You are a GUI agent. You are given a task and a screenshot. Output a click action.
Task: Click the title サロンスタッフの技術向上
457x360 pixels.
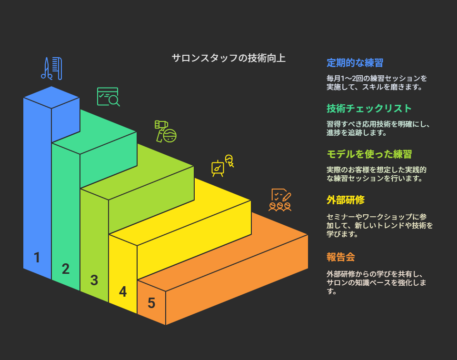pyautogui.click(x=228, y=58)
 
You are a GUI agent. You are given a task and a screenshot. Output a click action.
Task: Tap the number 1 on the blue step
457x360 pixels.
pyautogui.click(x=37, y=258)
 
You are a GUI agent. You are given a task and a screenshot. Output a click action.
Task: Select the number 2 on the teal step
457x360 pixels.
pyautogui.click(x=66, y=269)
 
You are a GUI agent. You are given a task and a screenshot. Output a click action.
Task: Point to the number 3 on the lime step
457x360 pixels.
pyautogui.click(x=94, y=280)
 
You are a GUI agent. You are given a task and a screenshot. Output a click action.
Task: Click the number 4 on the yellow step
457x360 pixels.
pyautogui.click(x=123, y=292)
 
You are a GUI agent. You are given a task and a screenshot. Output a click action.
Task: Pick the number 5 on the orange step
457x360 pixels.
pyautogui.click(x=151, y=303)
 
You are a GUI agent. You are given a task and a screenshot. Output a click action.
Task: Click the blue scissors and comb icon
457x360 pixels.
pyautogui.click(x=51, y=69)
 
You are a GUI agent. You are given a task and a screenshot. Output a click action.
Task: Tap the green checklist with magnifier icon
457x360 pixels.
pyautogui.click(x=109, y=97)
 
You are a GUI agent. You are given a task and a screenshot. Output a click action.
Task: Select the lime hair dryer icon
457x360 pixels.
pyautogui.click(x=166, y=131)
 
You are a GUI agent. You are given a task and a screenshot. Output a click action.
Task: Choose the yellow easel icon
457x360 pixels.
pyautogui.click(x=223, y=166)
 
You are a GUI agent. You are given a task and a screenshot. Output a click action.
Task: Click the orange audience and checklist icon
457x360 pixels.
pyautogui.click(x=280, y=200)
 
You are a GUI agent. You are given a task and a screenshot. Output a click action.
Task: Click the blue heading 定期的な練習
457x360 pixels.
pyautogui.click(x=355, y=63)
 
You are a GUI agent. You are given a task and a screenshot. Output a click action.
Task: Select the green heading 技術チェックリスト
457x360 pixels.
pyautogui.click(x=369, y=109)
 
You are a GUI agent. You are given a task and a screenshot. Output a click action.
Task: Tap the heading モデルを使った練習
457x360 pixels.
pyautogui.click(x=369, y=154)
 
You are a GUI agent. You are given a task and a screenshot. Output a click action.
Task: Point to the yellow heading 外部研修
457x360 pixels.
pyautogui.click(x=346, y=200)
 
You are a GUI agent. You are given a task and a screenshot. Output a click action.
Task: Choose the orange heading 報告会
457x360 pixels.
pyautogui.click(x=341, y=257)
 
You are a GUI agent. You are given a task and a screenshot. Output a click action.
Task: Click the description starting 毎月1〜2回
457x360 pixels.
pyautogui.click(x=377, y=82)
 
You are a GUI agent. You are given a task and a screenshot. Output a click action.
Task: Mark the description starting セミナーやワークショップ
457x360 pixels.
pyautogui.click(x=379, y=225)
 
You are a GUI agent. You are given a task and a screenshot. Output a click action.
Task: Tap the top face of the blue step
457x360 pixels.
pyautogui.click(x=51, y=97)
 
